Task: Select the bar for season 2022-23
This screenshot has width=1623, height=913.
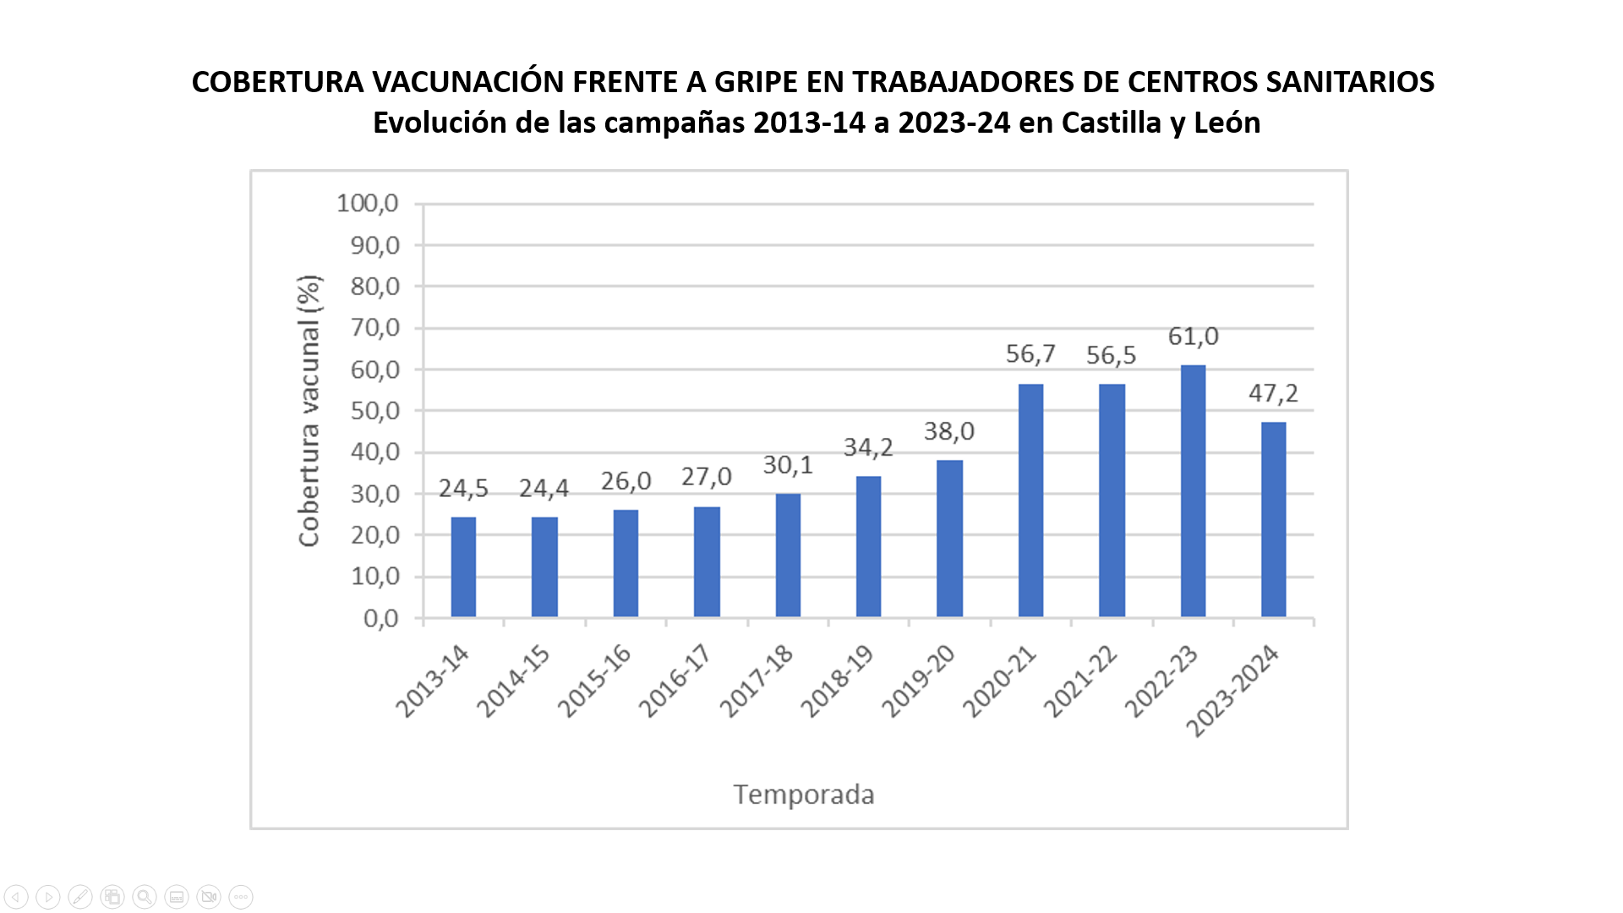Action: [x=1193, y=491]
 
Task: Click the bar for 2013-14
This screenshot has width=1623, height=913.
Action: [x=463, y=566]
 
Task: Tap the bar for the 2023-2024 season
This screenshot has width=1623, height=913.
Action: [x=1273, y=519]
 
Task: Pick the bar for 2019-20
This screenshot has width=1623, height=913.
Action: [x=949, y=539]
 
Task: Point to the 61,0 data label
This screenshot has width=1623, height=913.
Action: [x=1193, y=336]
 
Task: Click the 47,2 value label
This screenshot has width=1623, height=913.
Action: [x=1273, y=393]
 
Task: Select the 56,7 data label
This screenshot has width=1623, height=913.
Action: [x=1030, y=353]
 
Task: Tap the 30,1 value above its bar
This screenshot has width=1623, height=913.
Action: [x=788, y=465]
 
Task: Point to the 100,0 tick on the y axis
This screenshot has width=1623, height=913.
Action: [x=368, y=203]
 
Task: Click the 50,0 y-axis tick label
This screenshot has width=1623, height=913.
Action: [x=374, y=411]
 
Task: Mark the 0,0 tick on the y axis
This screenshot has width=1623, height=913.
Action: [x=380, y=619]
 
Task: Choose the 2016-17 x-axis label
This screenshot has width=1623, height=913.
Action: [x=675, y=680]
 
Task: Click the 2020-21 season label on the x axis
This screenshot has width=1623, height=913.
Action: [x=999, y=681]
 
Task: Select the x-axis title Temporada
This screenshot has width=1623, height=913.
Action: [x=803, y=795]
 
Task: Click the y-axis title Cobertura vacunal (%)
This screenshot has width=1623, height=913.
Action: [x=309, y=411]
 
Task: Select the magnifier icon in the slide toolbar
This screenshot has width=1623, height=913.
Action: [x=145, y=897]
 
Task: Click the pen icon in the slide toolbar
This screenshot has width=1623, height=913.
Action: [x=80, y=897]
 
